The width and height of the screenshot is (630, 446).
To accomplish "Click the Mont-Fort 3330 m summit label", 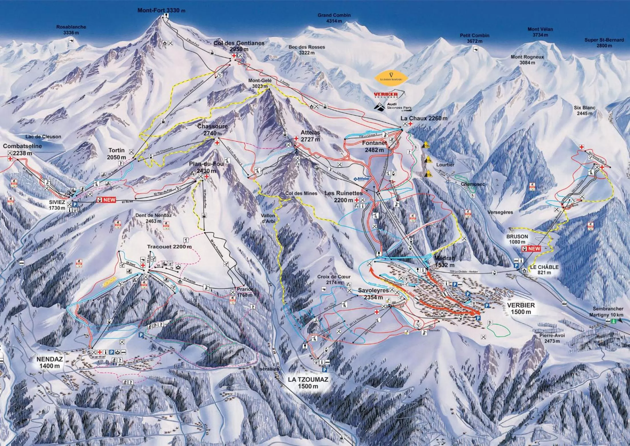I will click(161, 10).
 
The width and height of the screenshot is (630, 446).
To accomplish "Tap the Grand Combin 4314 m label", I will click(334, 18).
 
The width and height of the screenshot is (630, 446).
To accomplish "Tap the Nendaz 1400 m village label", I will click(50, 362).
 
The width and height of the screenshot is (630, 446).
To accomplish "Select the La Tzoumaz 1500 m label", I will click(308, 383).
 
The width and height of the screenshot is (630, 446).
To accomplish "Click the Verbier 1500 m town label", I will click(521, 308).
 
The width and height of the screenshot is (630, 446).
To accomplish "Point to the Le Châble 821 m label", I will click(544, 269).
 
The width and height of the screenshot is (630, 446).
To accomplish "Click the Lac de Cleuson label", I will click(43, 137).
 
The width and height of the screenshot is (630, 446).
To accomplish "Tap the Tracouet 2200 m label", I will click(169, 247).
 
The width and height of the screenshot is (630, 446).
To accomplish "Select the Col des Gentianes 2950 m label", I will click(239, 46).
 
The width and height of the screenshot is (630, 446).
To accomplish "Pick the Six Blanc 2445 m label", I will click(584, 110).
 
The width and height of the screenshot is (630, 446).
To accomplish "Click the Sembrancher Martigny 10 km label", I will click(608, 312).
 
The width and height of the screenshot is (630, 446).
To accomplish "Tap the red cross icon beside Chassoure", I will click(217, 142).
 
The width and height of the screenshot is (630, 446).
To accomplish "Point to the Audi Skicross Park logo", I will click(393, 107).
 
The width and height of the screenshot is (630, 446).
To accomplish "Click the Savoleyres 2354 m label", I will click(373, 294).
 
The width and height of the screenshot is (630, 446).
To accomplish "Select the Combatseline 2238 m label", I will click(22, 149).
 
